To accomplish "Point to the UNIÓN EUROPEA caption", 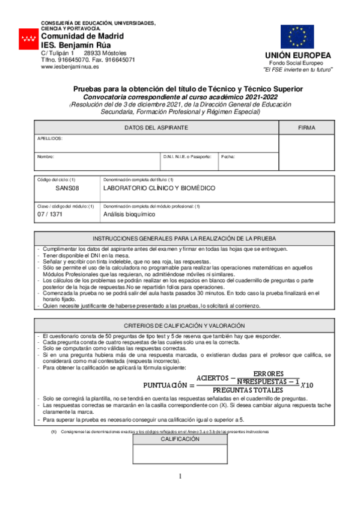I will click(298, 56).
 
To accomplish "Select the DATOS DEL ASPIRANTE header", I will click(156, 128).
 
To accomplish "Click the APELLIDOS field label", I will click(50, 138).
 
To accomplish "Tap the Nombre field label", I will click(46, 156).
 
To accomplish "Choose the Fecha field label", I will click(228, 156).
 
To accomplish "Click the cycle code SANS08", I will click(67, 188).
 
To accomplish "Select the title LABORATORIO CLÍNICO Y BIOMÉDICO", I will click(159, 188).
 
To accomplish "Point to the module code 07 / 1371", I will click(50, 214).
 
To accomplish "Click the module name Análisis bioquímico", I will click(129, 214).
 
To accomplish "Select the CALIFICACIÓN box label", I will click(180, 440).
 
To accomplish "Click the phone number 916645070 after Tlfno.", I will click(74, 60).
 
